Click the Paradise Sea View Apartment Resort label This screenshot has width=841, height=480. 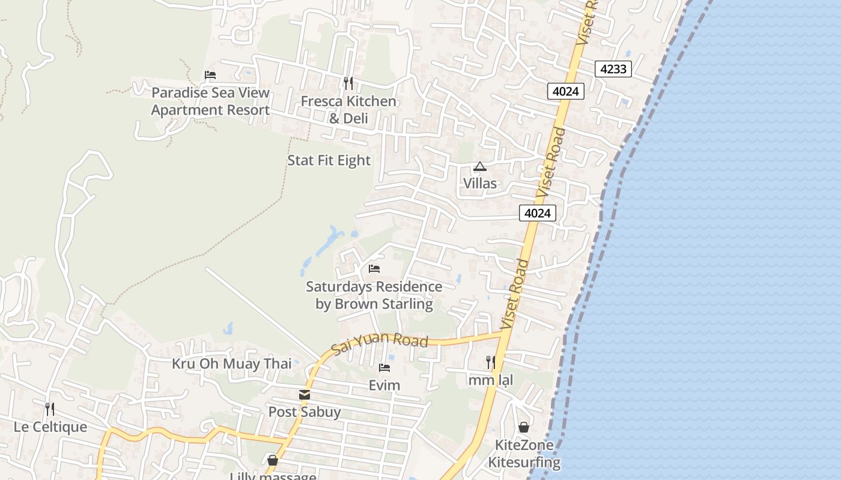[x=210, y=101]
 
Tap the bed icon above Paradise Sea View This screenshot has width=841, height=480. [x=210, y=75]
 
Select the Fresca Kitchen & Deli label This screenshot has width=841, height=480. [x=348, y=110]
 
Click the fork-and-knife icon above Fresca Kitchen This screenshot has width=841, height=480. [x=348, y=83]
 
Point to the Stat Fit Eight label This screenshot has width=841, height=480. [x=329, y=160]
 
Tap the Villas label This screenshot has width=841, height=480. [x=480, y=183]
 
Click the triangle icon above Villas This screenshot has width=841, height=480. [x=479, y=166]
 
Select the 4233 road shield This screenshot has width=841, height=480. [x=613, y=69]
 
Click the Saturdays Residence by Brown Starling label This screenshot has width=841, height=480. [x=374, y=295]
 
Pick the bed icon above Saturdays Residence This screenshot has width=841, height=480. [x=374, y=268]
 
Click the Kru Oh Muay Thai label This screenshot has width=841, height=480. [x=232, y=364]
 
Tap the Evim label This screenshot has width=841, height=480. [x=384, y=385]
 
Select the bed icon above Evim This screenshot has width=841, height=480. [x=384, y=367]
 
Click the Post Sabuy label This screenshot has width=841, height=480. [x=305, y=412]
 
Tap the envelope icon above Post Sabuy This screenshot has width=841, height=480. [x=305, y=395]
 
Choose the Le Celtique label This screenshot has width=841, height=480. [x=50, y=427]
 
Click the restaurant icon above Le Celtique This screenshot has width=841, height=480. [x=50, y=409]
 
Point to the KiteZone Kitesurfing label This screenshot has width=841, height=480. [x=524, y=454]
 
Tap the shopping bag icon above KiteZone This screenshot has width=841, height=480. [x=524, y=427]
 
